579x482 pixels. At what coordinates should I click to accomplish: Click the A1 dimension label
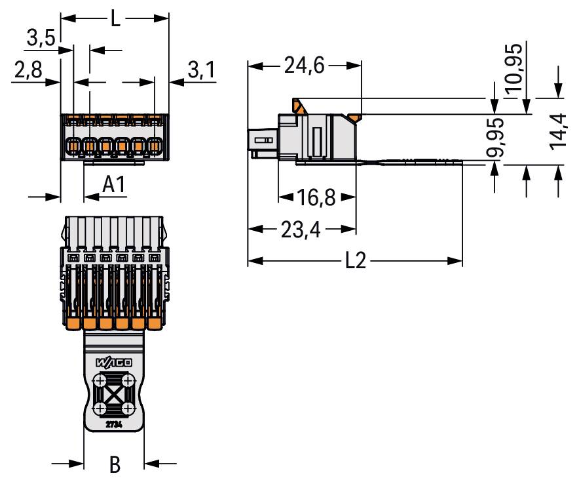pos(114,186)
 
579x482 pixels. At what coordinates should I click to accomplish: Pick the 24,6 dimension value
pos(305,66)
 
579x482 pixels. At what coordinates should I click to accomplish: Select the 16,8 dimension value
pos(317,197)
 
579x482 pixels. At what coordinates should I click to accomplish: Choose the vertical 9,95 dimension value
pos(496,137)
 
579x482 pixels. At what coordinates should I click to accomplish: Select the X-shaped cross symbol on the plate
pos(114,395)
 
